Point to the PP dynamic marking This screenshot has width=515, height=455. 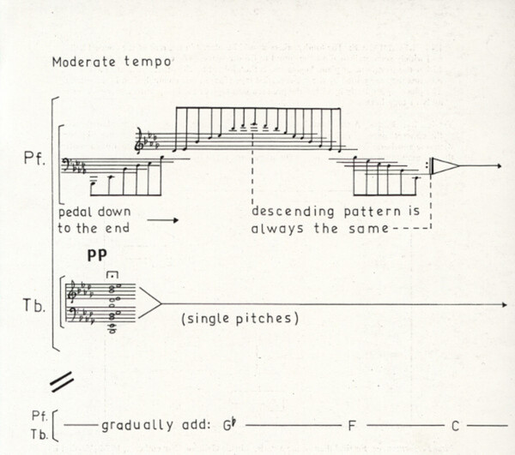click(x=97, y=255)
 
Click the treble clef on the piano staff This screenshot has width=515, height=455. click(x=142, y=142)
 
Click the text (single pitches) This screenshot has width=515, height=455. click(x=239, y=319)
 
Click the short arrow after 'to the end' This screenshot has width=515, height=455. click(x=162, y=221)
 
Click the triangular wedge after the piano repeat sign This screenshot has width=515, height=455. click(x=445, y=166)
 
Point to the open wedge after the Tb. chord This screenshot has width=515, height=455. click(x=149, y=303)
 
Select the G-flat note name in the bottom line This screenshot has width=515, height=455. click(x=229, y=424)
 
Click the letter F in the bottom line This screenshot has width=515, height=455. click(x=351, y=425)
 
